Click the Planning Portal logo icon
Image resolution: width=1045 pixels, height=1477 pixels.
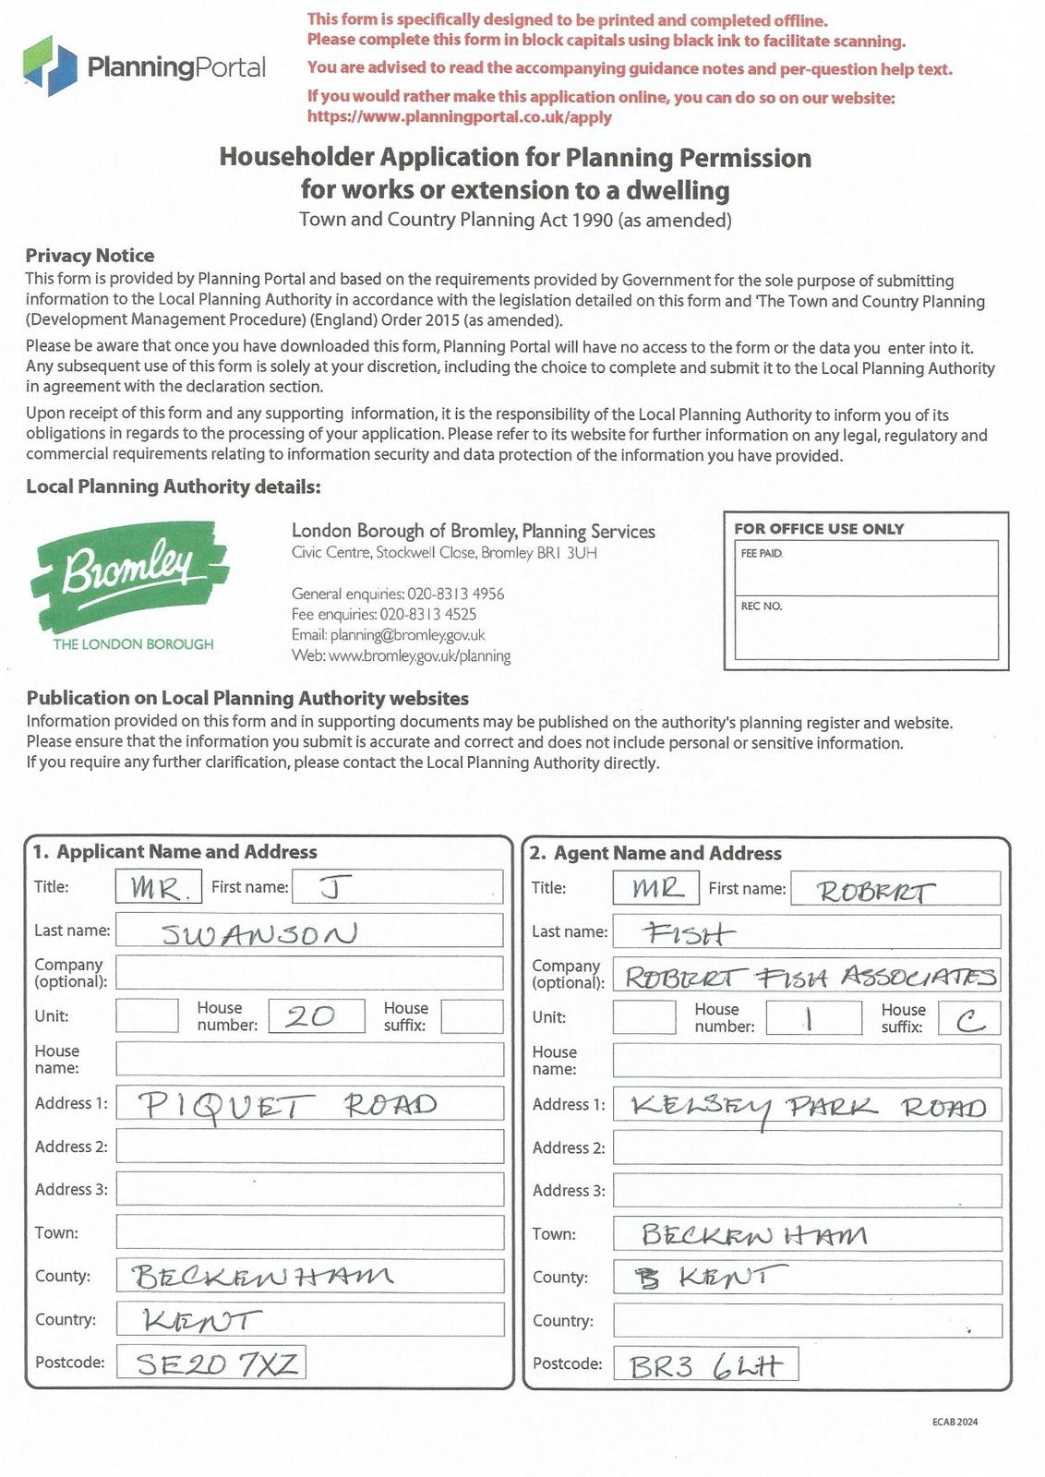(50, 65)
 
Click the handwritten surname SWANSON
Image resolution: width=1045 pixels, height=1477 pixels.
(259, 933)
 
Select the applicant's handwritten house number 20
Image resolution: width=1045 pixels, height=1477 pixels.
(310, 1016)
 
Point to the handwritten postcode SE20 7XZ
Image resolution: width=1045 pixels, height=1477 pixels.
(217, 1363)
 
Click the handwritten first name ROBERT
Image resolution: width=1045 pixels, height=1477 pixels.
(875, 891)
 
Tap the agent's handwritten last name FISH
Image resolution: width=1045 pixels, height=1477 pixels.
(690, 934)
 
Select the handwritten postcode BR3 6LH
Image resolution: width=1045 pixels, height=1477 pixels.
(705, 1365)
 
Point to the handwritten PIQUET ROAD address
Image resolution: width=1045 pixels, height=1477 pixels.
(287, 1105)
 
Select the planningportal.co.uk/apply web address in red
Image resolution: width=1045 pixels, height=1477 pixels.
(459, 117)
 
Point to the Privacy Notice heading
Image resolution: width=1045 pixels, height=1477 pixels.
(90, 256)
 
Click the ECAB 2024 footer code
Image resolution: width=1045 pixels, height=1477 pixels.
(955, 1422)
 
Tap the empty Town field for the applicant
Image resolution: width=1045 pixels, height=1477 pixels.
(309, 1232)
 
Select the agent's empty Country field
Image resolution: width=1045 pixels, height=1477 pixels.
(807, 1321)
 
